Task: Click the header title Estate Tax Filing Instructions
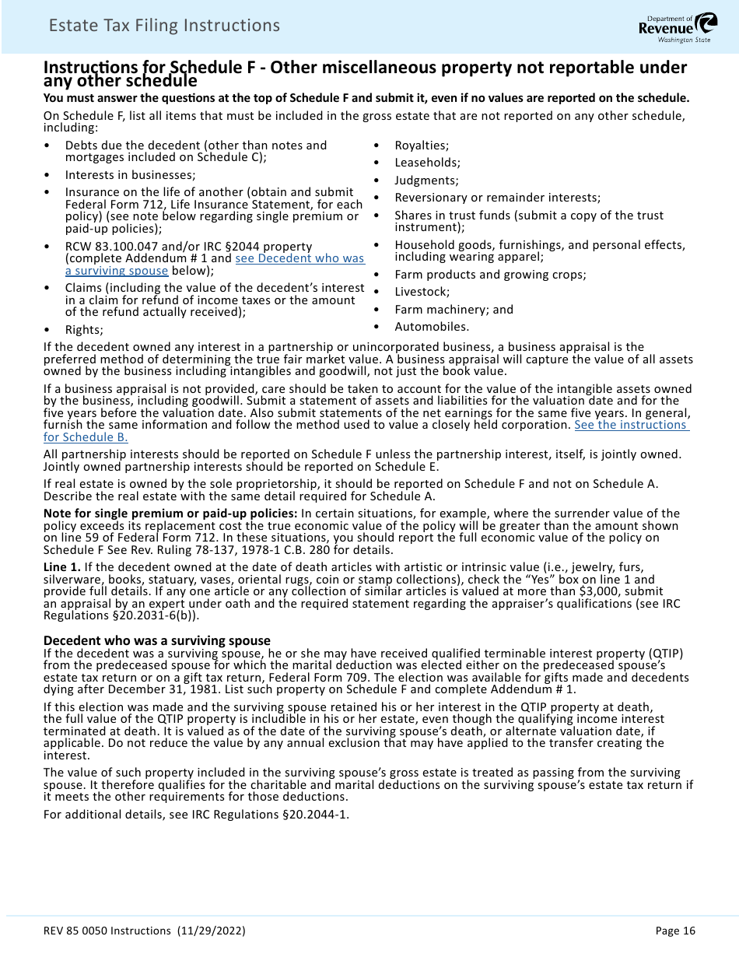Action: pos(164,26)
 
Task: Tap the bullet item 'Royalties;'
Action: pos(422,145)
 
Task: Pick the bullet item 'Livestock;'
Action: pos(422,292)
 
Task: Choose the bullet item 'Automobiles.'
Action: pos(432,327)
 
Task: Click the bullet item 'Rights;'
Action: pos(84,330)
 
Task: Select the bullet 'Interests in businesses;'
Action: pos(130,175)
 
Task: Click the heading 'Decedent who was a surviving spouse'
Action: pos(156,641)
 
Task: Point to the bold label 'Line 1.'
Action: pos(61,566)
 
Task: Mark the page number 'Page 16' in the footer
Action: pos(675,931)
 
